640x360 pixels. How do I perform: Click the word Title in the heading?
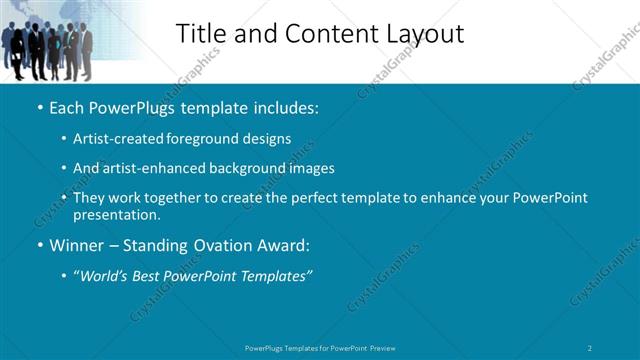pos(201,33)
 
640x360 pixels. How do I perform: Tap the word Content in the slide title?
pos(325,33)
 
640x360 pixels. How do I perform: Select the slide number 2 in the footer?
pos(590,347)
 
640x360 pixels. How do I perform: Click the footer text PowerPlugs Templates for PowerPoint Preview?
pos(320,347)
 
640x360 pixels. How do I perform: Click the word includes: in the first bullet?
pos(285,106)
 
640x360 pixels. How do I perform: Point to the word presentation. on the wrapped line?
pos(117,215)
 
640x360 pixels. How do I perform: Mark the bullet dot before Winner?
pos(40,246)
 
